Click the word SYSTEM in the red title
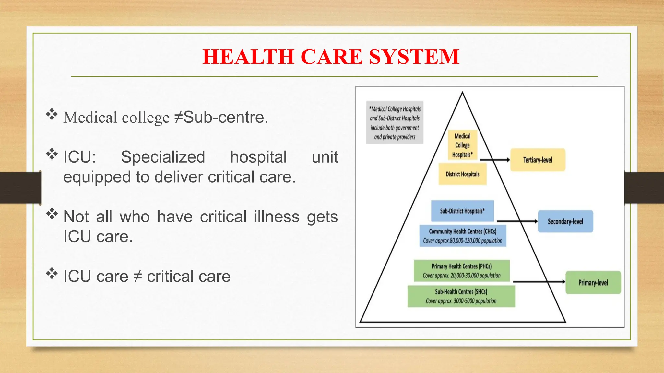coord(414,57)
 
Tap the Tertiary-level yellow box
coord(538,160)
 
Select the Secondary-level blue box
coord(565,221)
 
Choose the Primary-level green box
coord(593,283)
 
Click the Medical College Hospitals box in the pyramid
coord(462,145)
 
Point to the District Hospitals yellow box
coord(462,174)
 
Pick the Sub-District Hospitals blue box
coord(462,211)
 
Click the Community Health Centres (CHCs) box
coord(463,236)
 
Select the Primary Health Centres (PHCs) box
coord(461,271)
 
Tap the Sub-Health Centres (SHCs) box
coord(461,296)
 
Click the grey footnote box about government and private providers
coord(395,123)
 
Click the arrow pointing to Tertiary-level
coord(495,160)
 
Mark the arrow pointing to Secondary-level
coord(517,221)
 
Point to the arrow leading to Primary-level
coord(539,282)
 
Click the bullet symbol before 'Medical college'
coord(52,114)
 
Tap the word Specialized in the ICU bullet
coord(163,157)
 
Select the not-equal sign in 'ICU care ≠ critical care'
coord(138,277)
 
